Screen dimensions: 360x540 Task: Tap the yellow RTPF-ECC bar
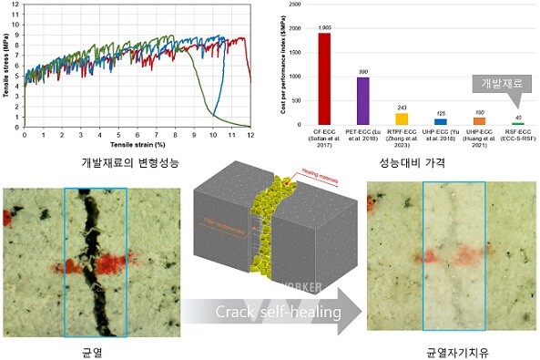pos(402,118)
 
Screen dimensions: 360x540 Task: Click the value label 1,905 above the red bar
pos(324,28)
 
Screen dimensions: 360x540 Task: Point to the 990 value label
pos(362,71)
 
